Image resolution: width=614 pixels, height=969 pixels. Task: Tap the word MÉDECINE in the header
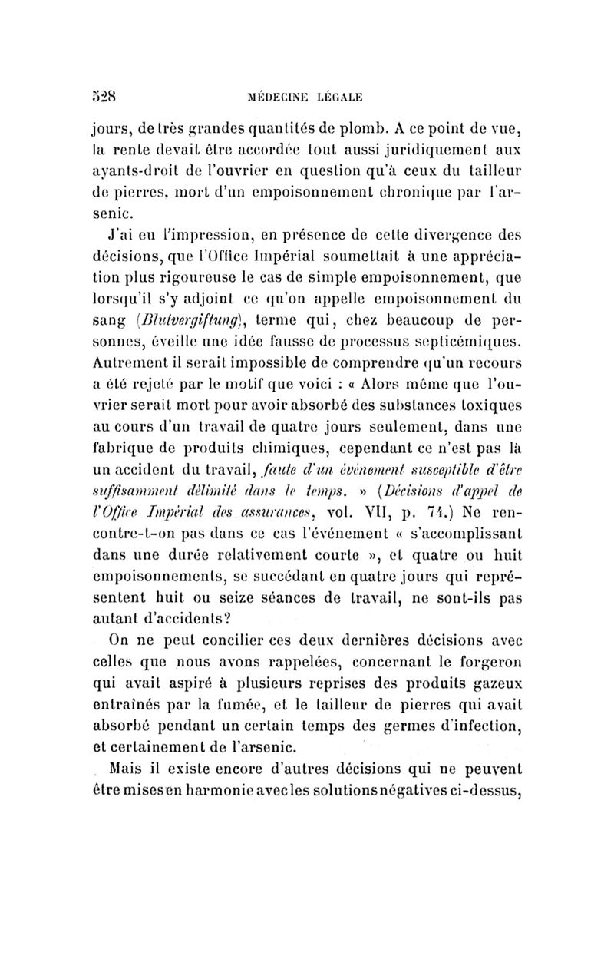pyautogui.click(x=285, y=98)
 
